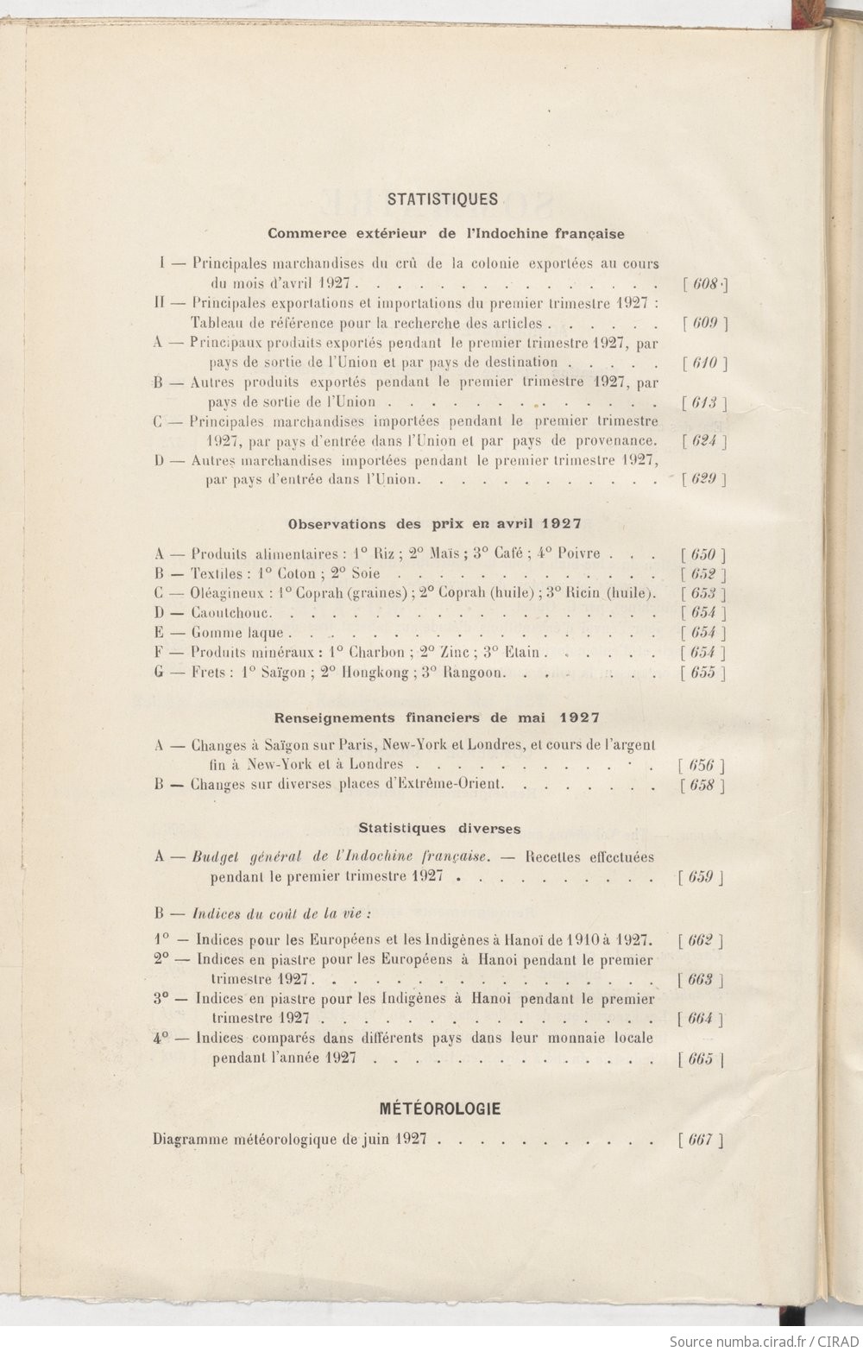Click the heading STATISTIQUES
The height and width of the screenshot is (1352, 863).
click(443, 199)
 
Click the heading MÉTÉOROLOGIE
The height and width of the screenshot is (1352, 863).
click(440, 1109)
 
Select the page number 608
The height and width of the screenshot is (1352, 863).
click(705, 284)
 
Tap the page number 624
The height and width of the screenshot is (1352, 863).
click(704, 440)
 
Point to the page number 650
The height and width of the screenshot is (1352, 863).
click(703, 554)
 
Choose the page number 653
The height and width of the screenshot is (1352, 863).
click(703, 593)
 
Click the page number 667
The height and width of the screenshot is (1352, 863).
click(701, 1140)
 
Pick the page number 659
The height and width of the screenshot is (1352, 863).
click(701, 877)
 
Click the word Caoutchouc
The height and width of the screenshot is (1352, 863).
click(231, 613)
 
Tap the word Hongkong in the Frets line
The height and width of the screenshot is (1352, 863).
click(373, 673)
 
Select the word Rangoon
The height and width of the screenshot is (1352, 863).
click(472, 673)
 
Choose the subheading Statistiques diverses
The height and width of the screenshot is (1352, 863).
click(439, 829)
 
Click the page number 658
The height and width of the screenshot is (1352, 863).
click(702, 785)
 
